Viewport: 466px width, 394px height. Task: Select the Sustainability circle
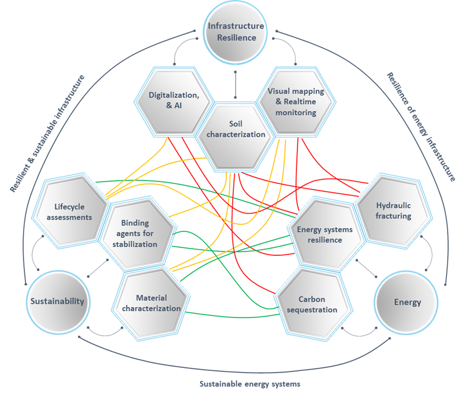pos(58,301)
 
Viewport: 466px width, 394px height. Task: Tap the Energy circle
pos(407,302)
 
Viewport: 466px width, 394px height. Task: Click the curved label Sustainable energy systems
pos(250,383)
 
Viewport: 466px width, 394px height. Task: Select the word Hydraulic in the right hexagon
pos(393,205)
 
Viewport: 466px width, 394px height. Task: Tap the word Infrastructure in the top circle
pos(236,27)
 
